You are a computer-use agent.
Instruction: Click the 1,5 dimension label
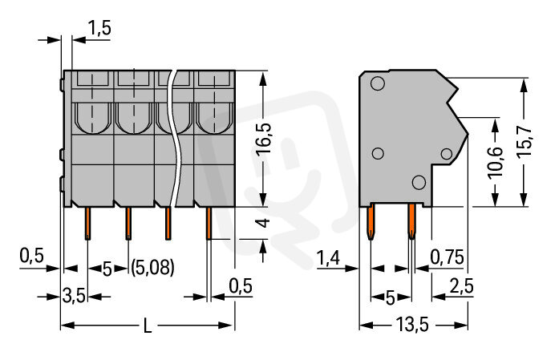(x=99, y=28)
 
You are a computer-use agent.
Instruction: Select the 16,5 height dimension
(x=264, y=139)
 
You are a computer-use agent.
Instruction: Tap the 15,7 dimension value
(x=524, y=140)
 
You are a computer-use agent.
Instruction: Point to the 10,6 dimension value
(x=496, y=161)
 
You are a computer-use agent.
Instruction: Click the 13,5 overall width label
(x=412, y=325)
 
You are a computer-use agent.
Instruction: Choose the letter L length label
(x=148, y=326)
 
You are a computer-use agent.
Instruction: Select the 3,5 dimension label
(x=74, y=296)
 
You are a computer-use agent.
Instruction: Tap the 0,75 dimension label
(x=447, y=257)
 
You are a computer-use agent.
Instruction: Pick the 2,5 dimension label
(x=462, y=286)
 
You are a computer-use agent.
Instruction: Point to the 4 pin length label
(x=264, y=223)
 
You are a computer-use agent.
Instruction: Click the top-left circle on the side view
(x=378, y=83)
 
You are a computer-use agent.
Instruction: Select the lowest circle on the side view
(x=419, y=183)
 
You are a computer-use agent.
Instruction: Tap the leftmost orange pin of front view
(x=87, y=223)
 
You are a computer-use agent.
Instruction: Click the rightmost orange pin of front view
(x=209, y=223)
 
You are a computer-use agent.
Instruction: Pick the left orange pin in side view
(x=371, y=222)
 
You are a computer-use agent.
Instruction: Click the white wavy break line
(x=173, y=138)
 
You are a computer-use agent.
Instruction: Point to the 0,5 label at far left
(x=31, y=256)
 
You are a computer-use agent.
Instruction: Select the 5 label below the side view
(x=391, y=298)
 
